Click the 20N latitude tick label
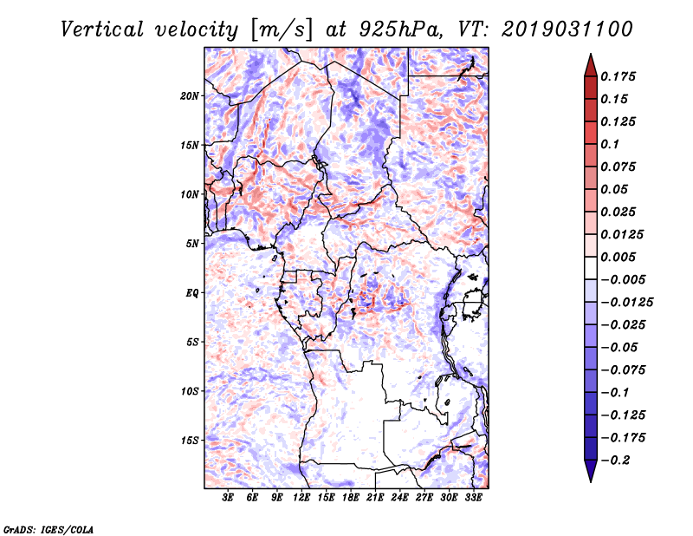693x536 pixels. click(190, 96)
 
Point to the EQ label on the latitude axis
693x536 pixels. click(192, 293)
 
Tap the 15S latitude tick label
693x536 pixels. click(190, 441)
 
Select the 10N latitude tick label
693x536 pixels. click(190, 194)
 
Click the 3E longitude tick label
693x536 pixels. click(228, 498)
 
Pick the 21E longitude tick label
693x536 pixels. click(375, 498)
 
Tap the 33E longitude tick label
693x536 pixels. click(473, 498)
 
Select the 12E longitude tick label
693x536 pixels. click(301, 498)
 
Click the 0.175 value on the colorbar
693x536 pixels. click(618, 76)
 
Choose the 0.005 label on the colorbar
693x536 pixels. click(618, 257)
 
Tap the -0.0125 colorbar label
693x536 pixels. click(626, 303)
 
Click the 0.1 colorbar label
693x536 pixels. click(610, 144)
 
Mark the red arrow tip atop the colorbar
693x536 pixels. click(591, 55)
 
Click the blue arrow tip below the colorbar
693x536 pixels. click(591, 481)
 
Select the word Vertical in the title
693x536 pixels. click(102, 29)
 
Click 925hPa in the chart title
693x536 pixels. click(400, 29)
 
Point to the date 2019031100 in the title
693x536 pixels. click(567, 29)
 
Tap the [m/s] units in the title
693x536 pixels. click(282, 29)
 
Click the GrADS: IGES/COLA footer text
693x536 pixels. click(49, 530)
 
